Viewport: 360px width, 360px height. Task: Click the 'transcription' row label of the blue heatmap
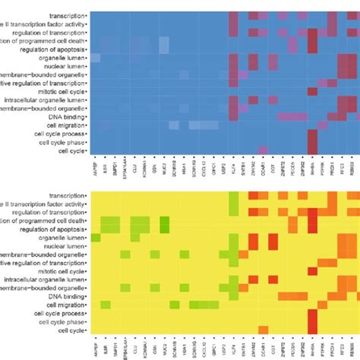(x=67, y=15)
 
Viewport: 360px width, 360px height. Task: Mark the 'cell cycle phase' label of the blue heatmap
(x=62, y=141)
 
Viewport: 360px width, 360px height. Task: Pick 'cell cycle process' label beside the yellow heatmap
(x=59, y=314)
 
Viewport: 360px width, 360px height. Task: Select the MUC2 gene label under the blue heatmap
(x=164, y=164)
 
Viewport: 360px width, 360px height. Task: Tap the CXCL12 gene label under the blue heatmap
(x=204, y=166)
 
